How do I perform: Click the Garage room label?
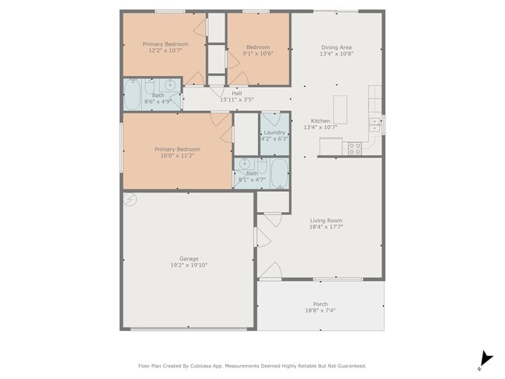coord(189,259)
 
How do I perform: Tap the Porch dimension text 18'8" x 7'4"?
coord(320,311)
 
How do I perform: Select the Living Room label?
coord(326,221)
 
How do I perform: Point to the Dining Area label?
coord(336,47)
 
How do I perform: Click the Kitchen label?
coord(320,120)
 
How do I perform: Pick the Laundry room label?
coord(274,132)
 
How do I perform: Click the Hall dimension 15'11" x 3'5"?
coord(237,100)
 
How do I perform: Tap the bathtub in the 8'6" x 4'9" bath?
coord(132,95)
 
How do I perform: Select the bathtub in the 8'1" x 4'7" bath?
coord(279,174)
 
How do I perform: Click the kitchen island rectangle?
coord(340,110)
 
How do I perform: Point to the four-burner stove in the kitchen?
coord(354,149)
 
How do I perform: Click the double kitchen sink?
coord(374,125)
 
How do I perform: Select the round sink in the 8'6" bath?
coord(169,85)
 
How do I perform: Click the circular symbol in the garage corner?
coord(130,200)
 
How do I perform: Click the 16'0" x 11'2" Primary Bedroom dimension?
coord(177,155)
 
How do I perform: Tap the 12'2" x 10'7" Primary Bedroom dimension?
coord(165,50)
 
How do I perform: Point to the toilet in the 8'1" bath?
coord(262,165)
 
